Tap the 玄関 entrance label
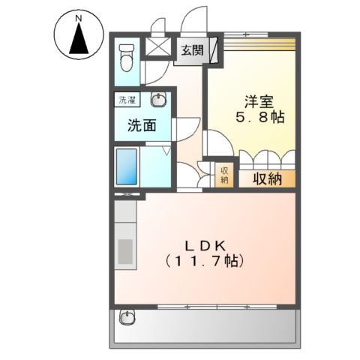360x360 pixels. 191,51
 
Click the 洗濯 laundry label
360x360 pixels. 126,100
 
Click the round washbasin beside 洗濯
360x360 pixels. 159,100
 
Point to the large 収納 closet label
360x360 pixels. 265,178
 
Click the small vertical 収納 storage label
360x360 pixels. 223,175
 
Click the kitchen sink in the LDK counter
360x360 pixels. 124,250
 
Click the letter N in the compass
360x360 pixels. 77,15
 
